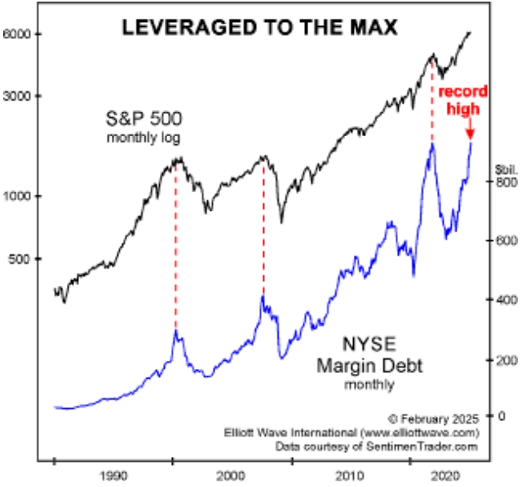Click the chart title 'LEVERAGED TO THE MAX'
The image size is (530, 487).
(260, 28)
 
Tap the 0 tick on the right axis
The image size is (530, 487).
(503, 416)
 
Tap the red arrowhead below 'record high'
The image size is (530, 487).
(470, 134)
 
